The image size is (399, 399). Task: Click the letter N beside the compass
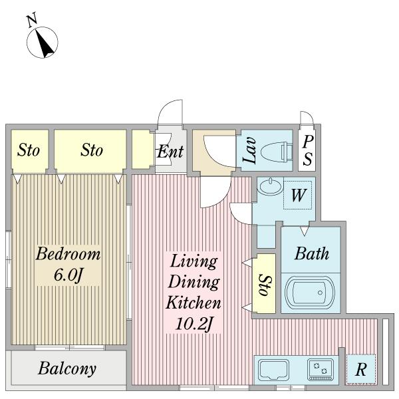(x=32, y=21)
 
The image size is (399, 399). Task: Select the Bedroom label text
(x=68, y=254)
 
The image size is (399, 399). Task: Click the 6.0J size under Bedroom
(x=68, y=275)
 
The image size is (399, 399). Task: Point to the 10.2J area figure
(x=194, y=324)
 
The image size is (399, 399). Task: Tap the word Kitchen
(x=194, y=303)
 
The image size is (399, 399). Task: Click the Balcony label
(x=67, y=368)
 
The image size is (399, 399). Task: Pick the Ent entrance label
(x=170, y=152)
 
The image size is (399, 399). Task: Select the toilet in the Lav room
(x=277, y=152)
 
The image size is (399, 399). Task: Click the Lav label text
(x=249, y=150)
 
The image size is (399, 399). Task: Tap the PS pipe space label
(x=308, y=150)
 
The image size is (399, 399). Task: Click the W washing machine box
(x=298, y=195)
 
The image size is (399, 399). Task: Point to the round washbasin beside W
(x=270, y=186)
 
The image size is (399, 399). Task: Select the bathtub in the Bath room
(x=310, y=293)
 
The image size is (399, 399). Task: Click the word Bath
(x=312, y=253)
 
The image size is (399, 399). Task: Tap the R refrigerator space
(x=361, y=369)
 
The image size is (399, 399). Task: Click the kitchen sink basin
(x=273, y=370)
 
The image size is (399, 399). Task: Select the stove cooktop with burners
(x=321, y=370)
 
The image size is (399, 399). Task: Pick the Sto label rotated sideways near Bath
(x=265, y=285)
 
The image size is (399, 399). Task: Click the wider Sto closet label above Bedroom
(x=92, y=150)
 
